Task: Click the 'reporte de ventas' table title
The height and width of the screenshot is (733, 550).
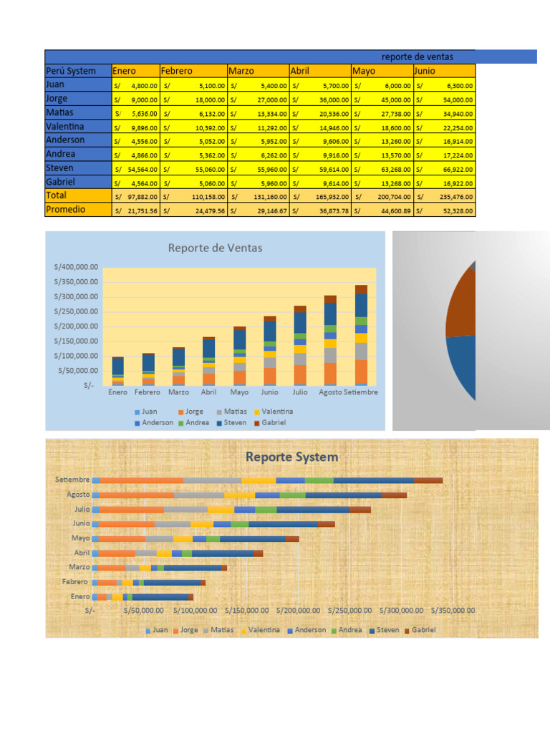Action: tap(418, 57)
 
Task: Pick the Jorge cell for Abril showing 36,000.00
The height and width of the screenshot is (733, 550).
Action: tap(320, 99)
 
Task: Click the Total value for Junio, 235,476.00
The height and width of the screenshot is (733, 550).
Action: tap(445, 196)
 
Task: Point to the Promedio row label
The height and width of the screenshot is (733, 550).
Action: tap(65, 210)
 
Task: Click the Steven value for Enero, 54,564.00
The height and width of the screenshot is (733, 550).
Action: tap(136, 169)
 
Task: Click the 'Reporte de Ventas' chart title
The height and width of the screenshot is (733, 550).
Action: tap(215, 248)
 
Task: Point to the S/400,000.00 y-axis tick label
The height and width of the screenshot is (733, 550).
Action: tap(76, 266)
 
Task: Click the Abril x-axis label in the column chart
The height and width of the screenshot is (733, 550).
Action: tap(208, 392)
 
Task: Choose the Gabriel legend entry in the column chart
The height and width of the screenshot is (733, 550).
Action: tap(271, 422)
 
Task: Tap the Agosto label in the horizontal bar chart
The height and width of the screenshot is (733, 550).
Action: tap(78, 494)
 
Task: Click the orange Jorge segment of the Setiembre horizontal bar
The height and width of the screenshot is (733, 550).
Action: tap(141, 480)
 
